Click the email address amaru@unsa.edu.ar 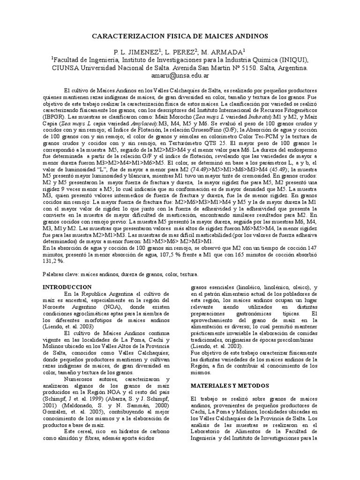click(180, 75)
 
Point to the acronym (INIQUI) click(293, 60)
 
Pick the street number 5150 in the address click(246, 67)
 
